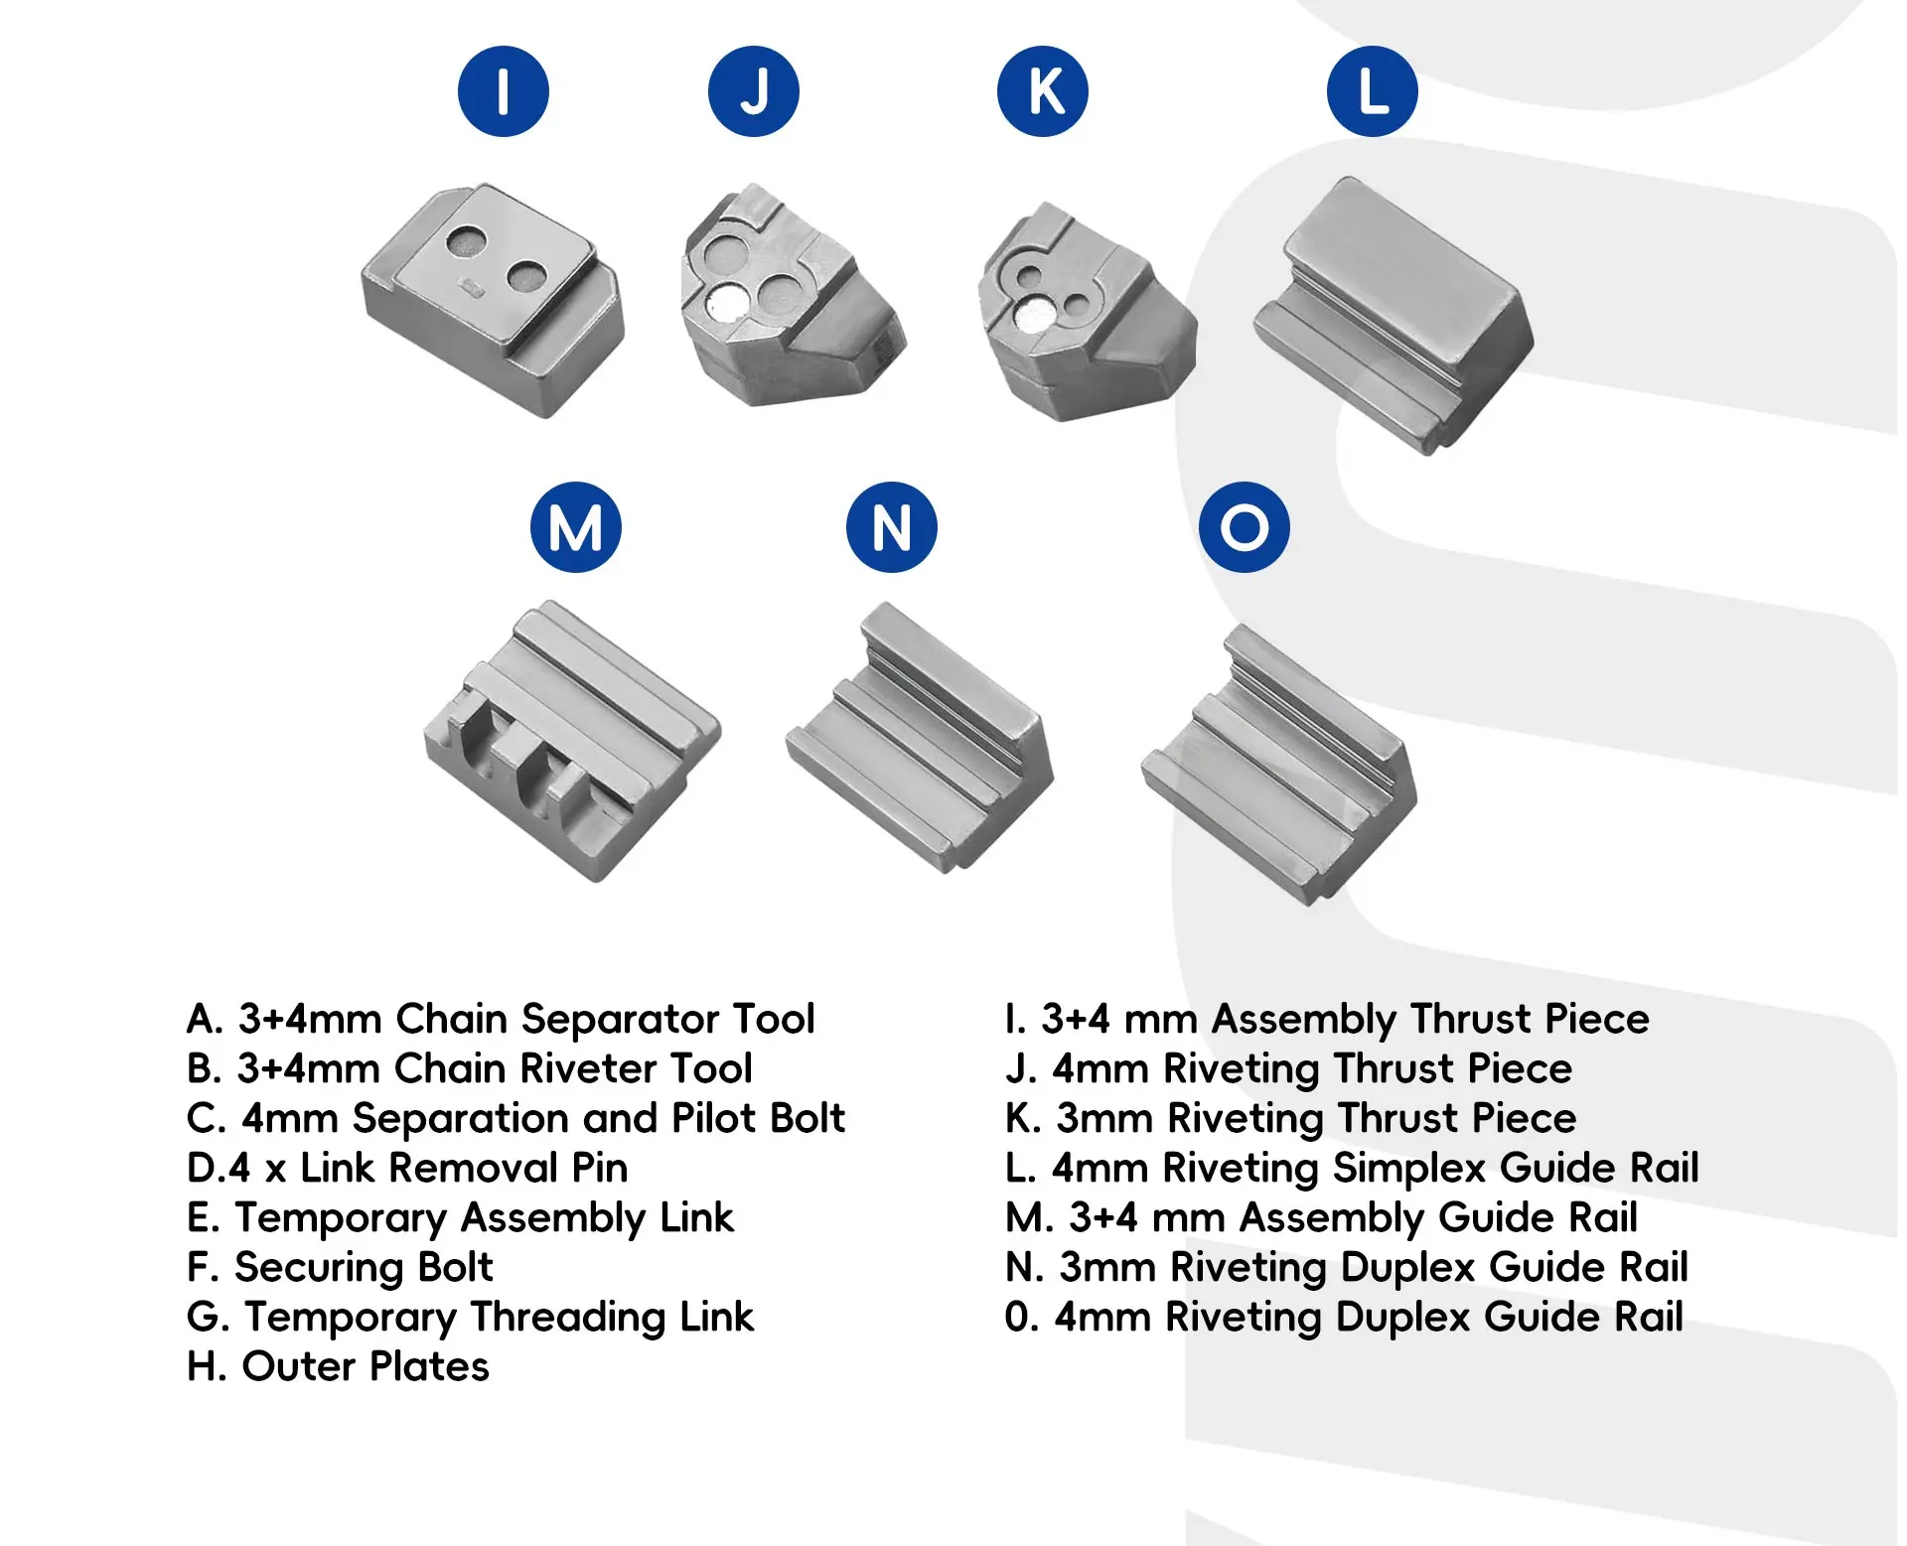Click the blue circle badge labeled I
point(504,91)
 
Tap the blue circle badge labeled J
point(754,91)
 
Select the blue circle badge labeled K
point(1043,91)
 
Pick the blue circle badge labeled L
point(1373,91)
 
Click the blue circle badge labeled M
point(576,527)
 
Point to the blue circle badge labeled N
point(892,527)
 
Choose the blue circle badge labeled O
point(1245,527)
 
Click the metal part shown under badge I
point(494,298)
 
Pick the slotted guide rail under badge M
point(572,740)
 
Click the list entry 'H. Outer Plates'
point(338,1366)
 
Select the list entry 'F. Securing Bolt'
point(340,1267)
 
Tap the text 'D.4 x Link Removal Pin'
point(407,1168)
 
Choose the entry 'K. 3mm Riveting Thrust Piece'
point(1290,1118)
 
